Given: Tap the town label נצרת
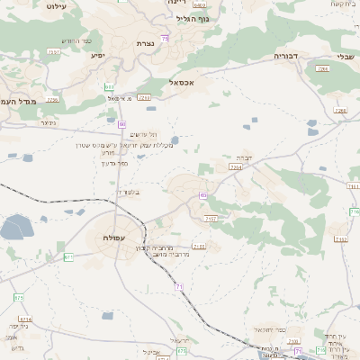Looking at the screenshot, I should [145, 43].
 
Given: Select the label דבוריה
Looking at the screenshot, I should [286, 56].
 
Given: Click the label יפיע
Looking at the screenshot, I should [98, 55].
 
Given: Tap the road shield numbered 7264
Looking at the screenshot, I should [236, 166].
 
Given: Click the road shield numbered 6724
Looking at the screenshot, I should [25, 319].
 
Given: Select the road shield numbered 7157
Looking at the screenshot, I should [211, 218].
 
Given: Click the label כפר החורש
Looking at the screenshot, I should [76, 40].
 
